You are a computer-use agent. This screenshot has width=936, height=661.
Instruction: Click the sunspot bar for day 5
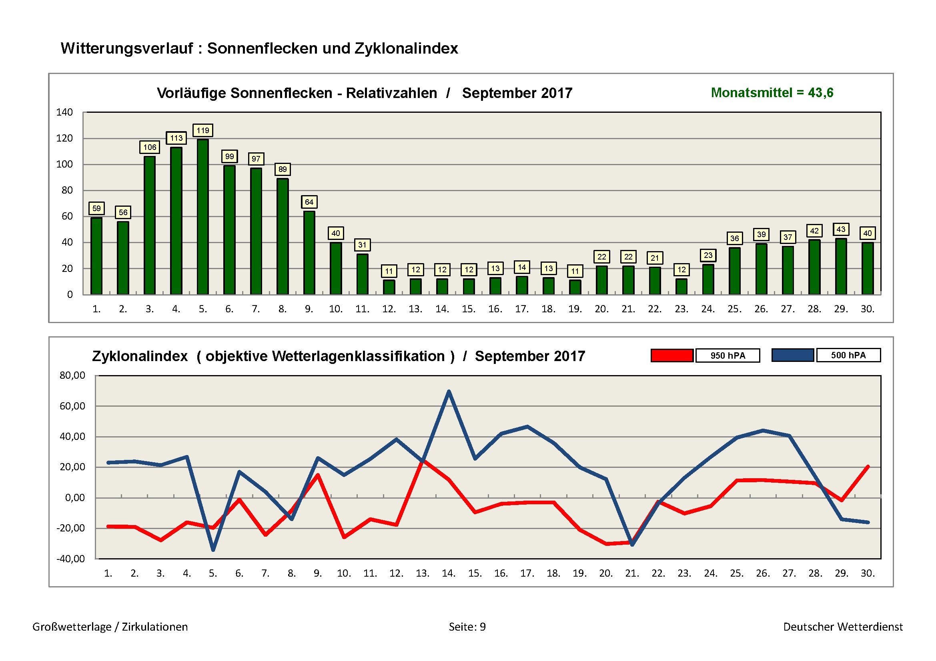pyautogui.click(x=202, y=217)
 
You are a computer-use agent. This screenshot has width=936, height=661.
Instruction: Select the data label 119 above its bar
pyautogui.click(x=202, y=130)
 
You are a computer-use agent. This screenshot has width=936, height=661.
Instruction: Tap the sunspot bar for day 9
pyautogui.click(x=309, y=252)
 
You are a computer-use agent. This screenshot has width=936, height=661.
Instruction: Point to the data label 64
pyautogui.click(x=309, y=202)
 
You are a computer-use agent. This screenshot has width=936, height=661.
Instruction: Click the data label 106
pyautogui.click(x=150, y=147)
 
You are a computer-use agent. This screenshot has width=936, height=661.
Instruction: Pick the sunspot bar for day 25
pyautogui.click(x=734, y=271)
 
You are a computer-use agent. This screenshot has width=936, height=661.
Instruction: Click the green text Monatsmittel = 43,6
pyautogui.click(x=772, y=93)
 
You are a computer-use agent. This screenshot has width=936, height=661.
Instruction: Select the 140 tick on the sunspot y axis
pyautogui.click(x=64, y=112)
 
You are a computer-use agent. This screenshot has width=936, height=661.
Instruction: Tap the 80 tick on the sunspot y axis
pyautogui.click(x=67, y=190)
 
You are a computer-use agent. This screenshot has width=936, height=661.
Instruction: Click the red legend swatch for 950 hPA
pyautogui.click(x=672, y=355)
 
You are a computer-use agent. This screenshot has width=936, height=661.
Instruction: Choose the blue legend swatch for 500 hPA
pyautogui.click(x=792, y=355)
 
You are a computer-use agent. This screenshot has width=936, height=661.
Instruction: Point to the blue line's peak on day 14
pyautogui.click(x=449, y=391)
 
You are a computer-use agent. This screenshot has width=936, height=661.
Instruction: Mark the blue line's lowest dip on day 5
pyautogui.click(x=213, y=550)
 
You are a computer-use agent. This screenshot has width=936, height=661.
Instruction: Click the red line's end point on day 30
pyautogui.click(x=868, y=467)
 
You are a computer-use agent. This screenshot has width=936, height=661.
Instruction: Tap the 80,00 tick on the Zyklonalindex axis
pyautogui.click(x=72, y=375)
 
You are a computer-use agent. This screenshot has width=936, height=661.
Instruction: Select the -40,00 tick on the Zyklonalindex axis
pyautogui.click(x=71, y=559)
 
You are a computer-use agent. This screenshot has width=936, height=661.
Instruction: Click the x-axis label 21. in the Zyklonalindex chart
pyautogui.click(x=631, y=573)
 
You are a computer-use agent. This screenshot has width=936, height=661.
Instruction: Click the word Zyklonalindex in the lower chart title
pyautogui.click(x=140, y=356)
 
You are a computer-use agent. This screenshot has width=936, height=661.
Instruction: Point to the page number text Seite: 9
pyautogui.click(x=467, y=627)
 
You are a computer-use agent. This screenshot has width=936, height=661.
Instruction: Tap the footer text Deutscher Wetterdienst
pyautogui.click(x=843, y=627)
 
